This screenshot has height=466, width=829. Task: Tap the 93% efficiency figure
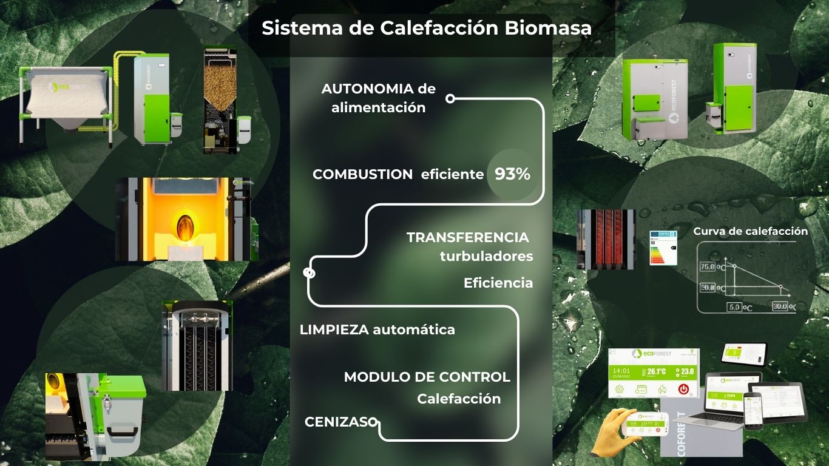[x=512, y=175]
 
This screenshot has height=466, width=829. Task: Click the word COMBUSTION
[x=362, y=175]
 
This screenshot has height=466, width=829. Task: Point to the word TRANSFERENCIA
[x=467, y=237]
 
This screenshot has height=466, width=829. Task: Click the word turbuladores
[x=486, y=257]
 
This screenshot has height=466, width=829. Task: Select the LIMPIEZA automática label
[x=377, y=330]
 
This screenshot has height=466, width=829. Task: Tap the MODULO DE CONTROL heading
[x=427, y=377]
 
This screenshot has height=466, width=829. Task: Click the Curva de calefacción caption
[x=750, y=231]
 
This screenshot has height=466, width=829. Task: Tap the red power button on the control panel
[x=684, y=389]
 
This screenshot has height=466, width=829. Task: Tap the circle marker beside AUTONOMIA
[x=450, y=98]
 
